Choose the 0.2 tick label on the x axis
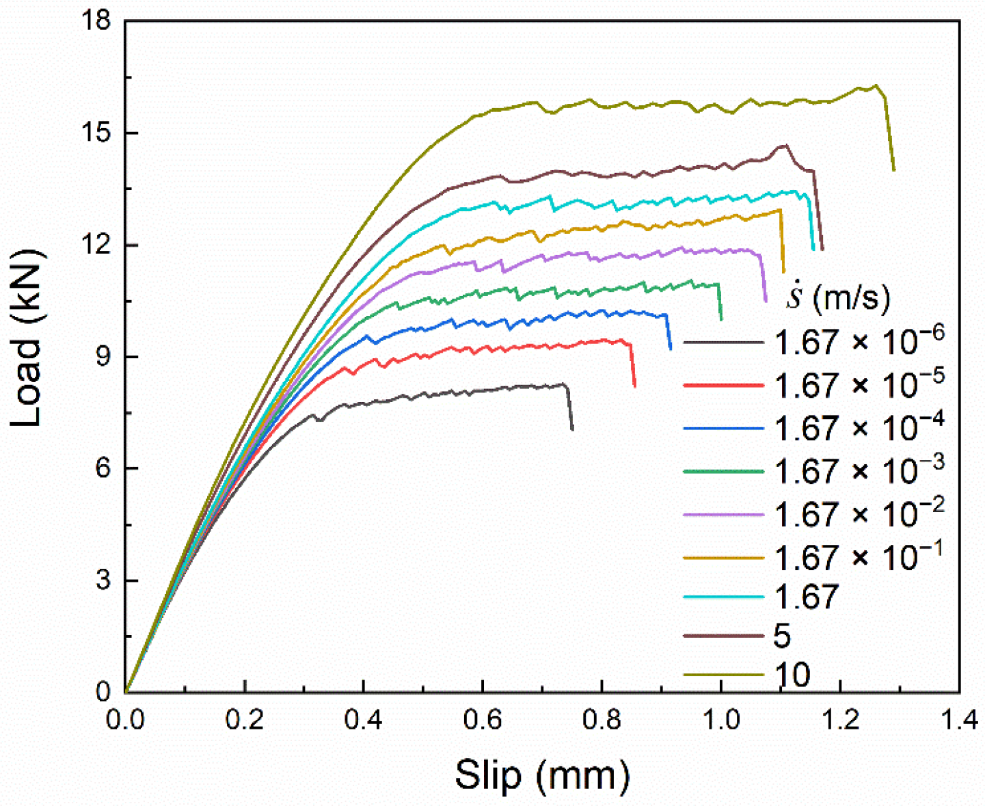point(244,721)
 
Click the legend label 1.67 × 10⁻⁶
point(859,340)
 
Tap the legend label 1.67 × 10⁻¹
point(859,556)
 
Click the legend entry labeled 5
point(782,636)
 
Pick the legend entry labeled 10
point(792,675)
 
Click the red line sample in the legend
point(723,386)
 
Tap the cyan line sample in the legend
point(723,597)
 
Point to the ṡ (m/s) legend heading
point(838,297)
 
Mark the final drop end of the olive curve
point(894,170)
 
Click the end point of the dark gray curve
point(572,429)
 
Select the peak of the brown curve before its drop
point(785,145)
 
